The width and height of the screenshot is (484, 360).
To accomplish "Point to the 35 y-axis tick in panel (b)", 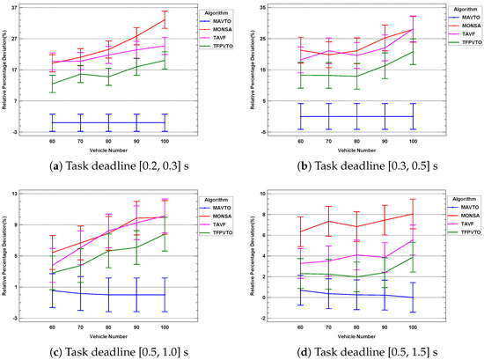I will (x=275, y=8).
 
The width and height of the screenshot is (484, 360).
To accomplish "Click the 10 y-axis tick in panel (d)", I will (x=275, y=192).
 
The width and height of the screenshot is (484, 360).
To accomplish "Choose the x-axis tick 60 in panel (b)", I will (x=300, y=141).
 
